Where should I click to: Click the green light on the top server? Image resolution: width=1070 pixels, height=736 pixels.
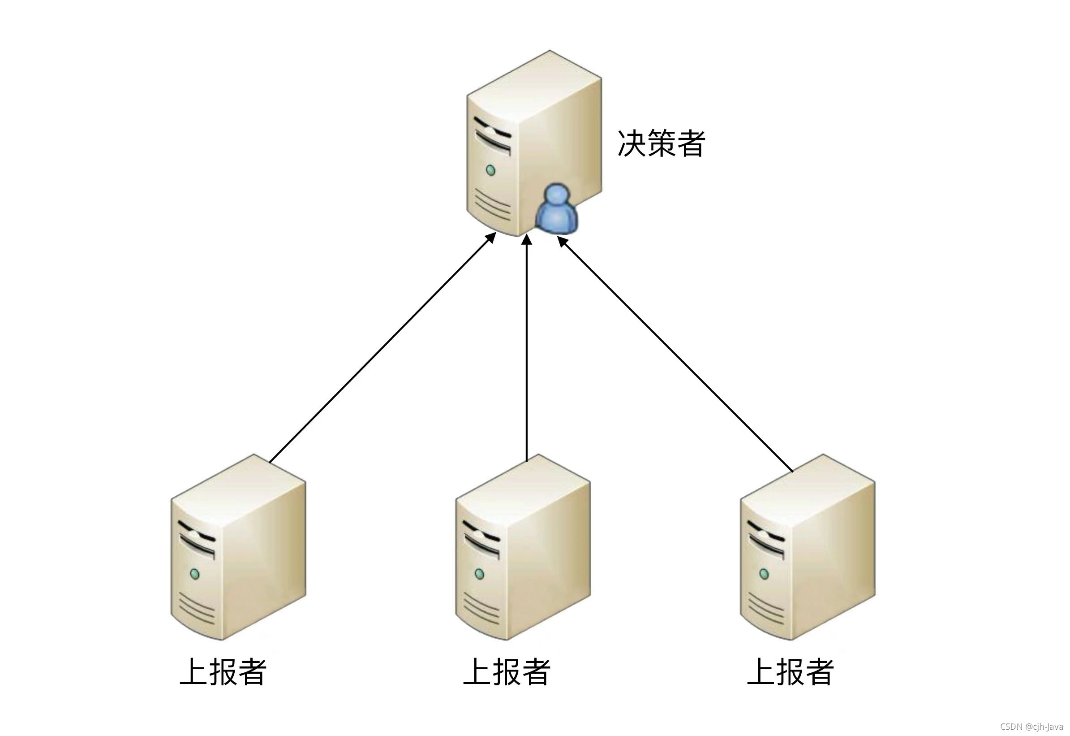(491, 170)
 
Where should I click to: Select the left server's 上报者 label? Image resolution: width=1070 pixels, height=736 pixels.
(223, 672)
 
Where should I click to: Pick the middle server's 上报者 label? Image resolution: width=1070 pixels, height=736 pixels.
(507, 672)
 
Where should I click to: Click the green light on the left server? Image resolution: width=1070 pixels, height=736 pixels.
(195, 574)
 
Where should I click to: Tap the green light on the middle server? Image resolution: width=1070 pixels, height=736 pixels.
(479, 574)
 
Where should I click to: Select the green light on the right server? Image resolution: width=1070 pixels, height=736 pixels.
(764, 574)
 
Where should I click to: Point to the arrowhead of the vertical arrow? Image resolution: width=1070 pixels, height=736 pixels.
(527, 240)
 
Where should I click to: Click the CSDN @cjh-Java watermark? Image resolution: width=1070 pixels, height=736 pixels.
(1031, 727)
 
